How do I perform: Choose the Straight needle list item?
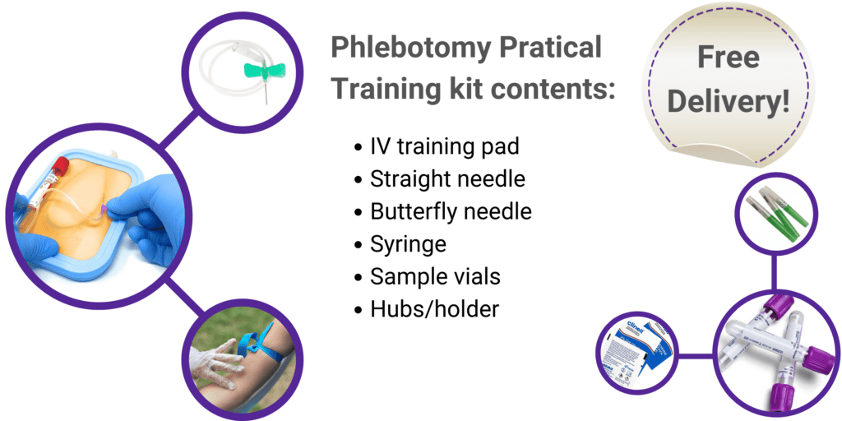point(447,178)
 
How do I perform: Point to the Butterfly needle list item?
point(451,210)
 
